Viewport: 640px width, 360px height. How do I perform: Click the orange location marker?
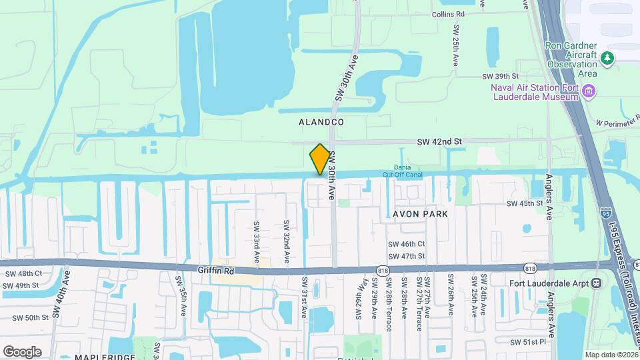click(x=320, y=159)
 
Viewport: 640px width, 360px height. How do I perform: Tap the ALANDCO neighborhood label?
click(x=321, y=122)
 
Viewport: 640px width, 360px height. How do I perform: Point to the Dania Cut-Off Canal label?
click(x=402, y=171)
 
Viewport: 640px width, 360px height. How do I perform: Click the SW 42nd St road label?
click(x=439, y=142)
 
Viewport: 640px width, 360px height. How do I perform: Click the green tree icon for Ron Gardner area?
click(x=607, y=58)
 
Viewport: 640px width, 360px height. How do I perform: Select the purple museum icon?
click(x=589, y=91)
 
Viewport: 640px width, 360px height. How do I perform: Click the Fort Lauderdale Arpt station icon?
click(x=595, y=283)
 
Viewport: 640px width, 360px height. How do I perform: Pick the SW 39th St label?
click(x=501, y=77)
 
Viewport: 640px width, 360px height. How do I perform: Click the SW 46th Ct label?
click(x=407, y=245)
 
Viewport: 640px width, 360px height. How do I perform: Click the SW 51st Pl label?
click(x=528, y=342)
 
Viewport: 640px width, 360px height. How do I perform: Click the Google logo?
click(x=22, y=351)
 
